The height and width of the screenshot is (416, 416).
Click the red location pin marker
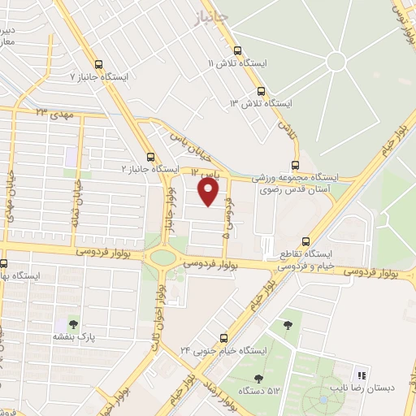coord(209,191)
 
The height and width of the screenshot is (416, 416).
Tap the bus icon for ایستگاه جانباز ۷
coord(99,64)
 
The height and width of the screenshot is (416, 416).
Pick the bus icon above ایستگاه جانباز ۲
coord(149,157)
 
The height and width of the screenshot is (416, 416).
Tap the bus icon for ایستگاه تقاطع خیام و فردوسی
coord(305,240)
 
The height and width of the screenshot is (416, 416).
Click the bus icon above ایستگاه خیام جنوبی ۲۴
coord(225,337)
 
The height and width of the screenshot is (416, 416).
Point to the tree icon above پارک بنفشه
coord(75,323)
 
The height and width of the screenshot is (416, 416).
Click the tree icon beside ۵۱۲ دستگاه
coord(258,378)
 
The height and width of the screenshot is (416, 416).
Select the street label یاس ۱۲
coord(206,173)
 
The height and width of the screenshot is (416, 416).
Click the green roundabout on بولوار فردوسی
coord(162,258)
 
